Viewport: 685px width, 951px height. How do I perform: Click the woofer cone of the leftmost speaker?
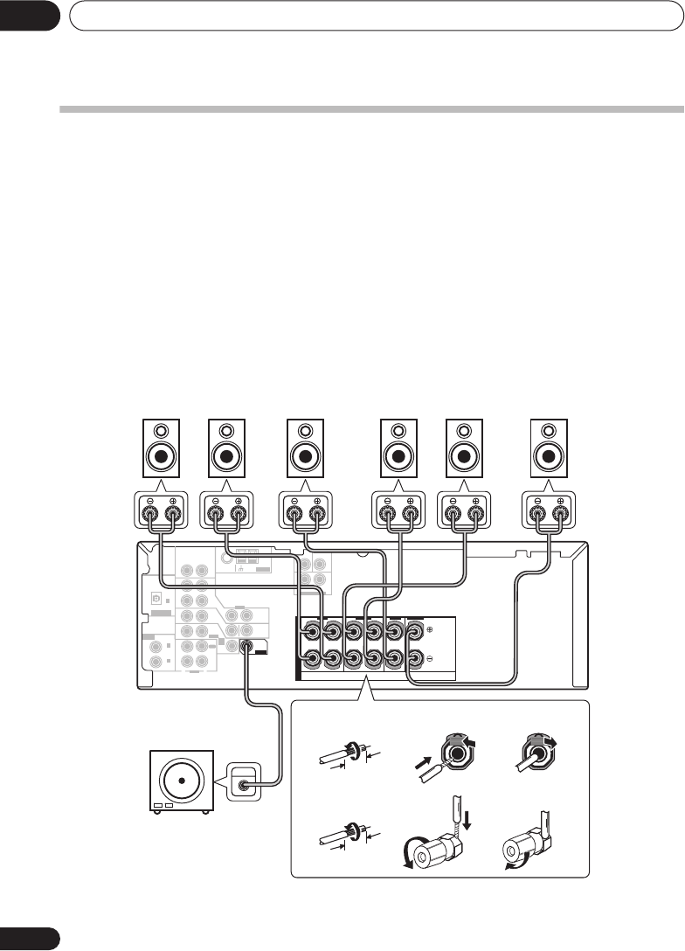161,456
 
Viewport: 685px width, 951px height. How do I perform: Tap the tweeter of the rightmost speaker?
548,431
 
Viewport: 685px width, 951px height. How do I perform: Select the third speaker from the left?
305,448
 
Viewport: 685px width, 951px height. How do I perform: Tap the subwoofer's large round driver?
183,777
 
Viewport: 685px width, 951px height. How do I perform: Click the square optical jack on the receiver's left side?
155,599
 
